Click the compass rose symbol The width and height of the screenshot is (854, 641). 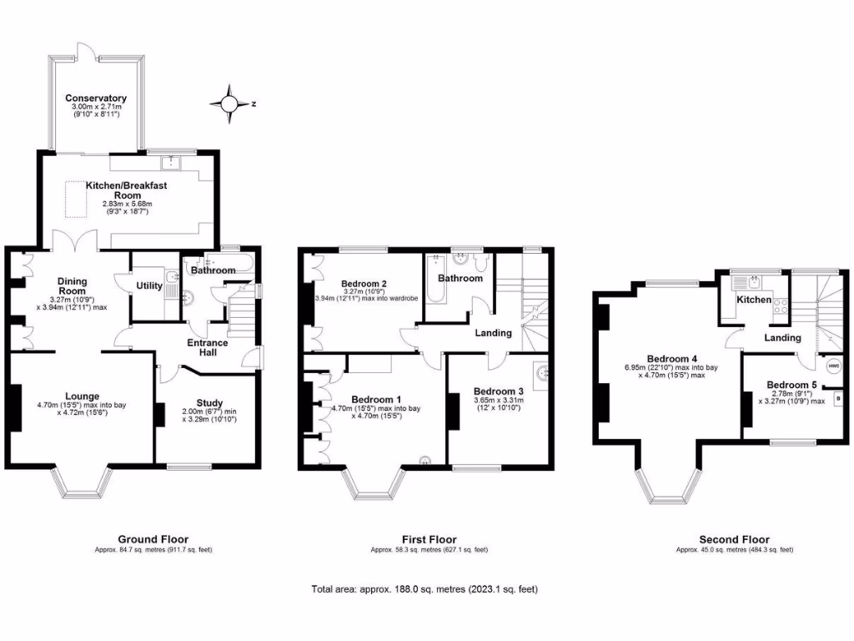click(229, 103)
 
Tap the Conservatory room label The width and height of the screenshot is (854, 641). click(98, 98)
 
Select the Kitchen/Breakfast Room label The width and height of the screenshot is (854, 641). click(127, 189)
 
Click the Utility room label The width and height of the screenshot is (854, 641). click(149, 285)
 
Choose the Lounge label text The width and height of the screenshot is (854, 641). click(82, 396)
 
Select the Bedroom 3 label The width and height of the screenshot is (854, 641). click(498, 391)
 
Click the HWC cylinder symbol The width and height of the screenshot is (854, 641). click(833, 366)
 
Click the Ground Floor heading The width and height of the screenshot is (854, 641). click(153, 539)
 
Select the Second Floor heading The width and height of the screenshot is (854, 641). click(734, 539)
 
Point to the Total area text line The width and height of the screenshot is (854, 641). click(424, 589)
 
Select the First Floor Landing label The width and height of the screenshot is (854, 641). click(492, 334)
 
